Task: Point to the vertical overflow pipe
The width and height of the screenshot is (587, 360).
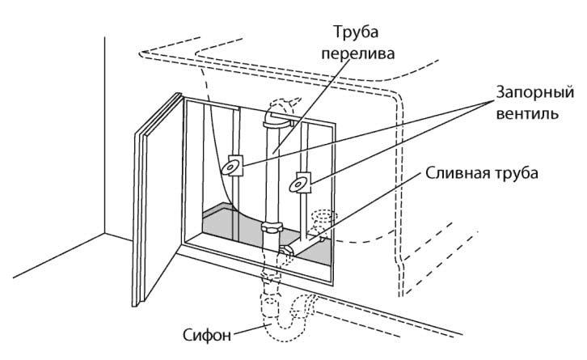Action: (x=273, y=178)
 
